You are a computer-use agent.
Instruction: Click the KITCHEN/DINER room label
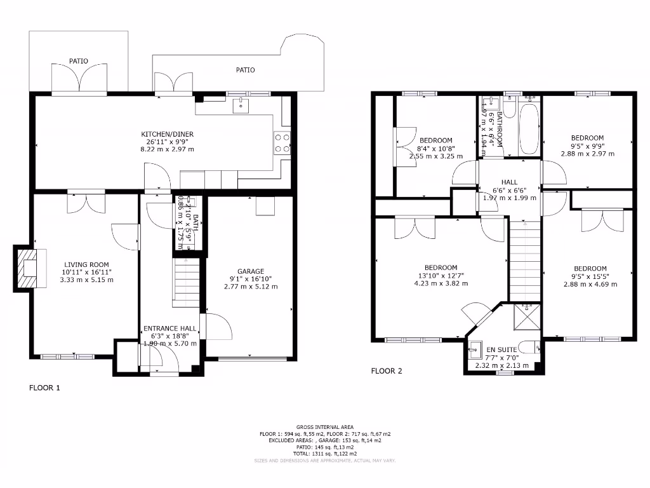coord(167,134)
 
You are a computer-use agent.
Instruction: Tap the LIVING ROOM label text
coord(86,265)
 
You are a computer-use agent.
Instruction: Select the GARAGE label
coord(251,271)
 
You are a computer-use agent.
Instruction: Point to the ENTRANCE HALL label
coord(169,329)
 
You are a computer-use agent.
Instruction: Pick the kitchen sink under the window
coord(241,105)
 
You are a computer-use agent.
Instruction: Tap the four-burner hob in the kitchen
coord(282,143)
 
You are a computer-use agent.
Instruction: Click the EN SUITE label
coord(501,349)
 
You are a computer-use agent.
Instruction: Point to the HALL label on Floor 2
coord(510,182)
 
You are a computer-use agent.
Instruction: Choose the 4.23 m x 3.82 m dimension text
coord(441,283)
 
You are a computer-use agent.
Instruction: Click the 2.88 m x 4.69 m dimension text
coord(590,284)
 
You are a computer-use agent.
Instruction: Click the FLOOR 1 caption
coord(44,387)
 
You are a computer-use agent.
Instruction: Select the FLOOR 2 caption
coord(387,371)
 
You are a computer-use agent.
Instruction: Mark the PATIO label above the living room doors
coord(79,62)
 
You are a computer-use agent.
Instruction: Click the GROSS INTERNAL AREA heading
coord(325,427)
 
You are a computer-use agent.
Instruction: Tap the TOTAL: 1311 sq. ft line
coord(325,453)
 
